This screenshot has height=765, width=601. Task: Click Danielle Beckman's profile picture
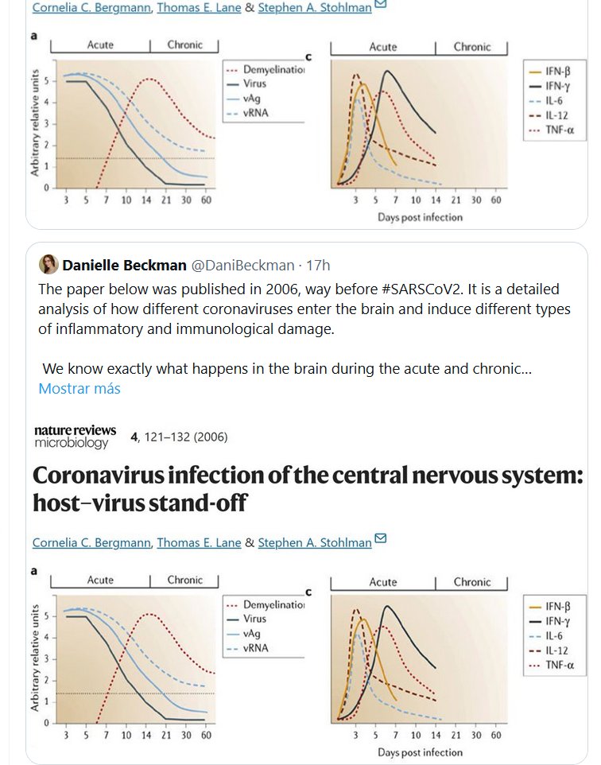(x=48, y=265)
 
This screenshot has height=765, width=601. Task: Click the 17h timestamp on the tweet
(x=318, y=265)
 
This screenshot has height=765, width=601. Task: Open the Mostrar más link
(x=79, y=389)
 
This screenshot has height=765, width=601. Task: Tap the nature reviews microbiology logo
(x=75, y=437)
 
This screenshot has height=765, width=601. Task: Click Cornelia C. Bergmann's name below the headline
(x=91, y=542)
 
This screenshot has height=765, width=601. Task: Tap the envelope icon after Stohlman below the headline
(x=380, y=540)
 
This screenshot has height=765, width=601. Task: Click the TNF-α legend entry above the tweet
(x=549, y=129)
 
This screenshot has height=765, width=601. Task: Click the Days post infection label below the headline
(x=420, y=751)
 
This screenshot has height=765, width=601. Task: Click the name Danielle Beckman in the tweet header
(x=124, y=265)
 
